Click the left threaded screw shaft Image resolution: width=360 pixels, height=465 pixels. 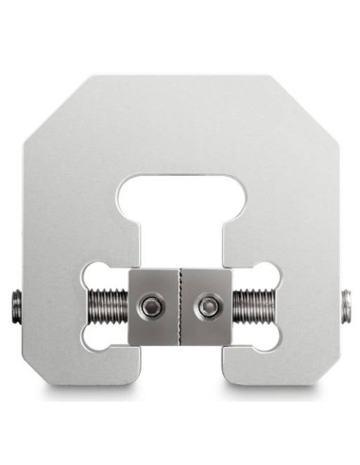tap(109, 306)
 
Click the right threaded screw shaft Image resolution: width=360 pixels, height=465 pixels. tap(251, 306)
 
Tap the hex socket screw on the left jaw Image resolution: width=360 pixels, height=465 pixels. tap(150, 305)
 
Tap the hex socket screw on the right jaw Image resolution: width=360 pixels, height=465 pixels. tap(208, 305)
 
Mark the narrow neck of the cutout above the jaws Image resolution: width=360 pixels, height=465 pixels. tap(180, 241)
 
